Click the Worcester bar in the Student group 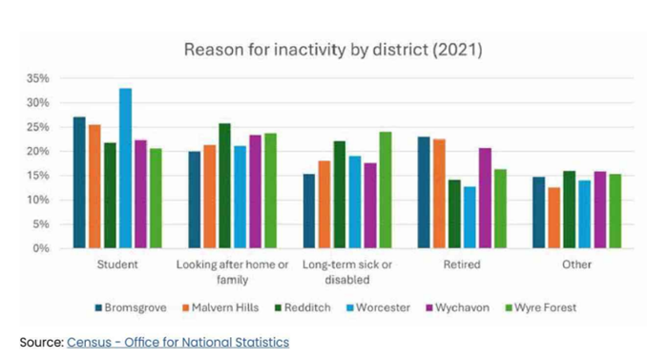coord(125,168)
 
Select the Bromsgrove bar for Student coord(79,182)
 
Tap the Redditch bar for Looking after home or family coord(224,185)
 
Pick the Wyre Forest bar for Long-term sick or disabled coord(386,190)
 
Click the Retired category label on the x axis coord(462,265)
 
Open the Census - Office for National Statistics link coord(177,341)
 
